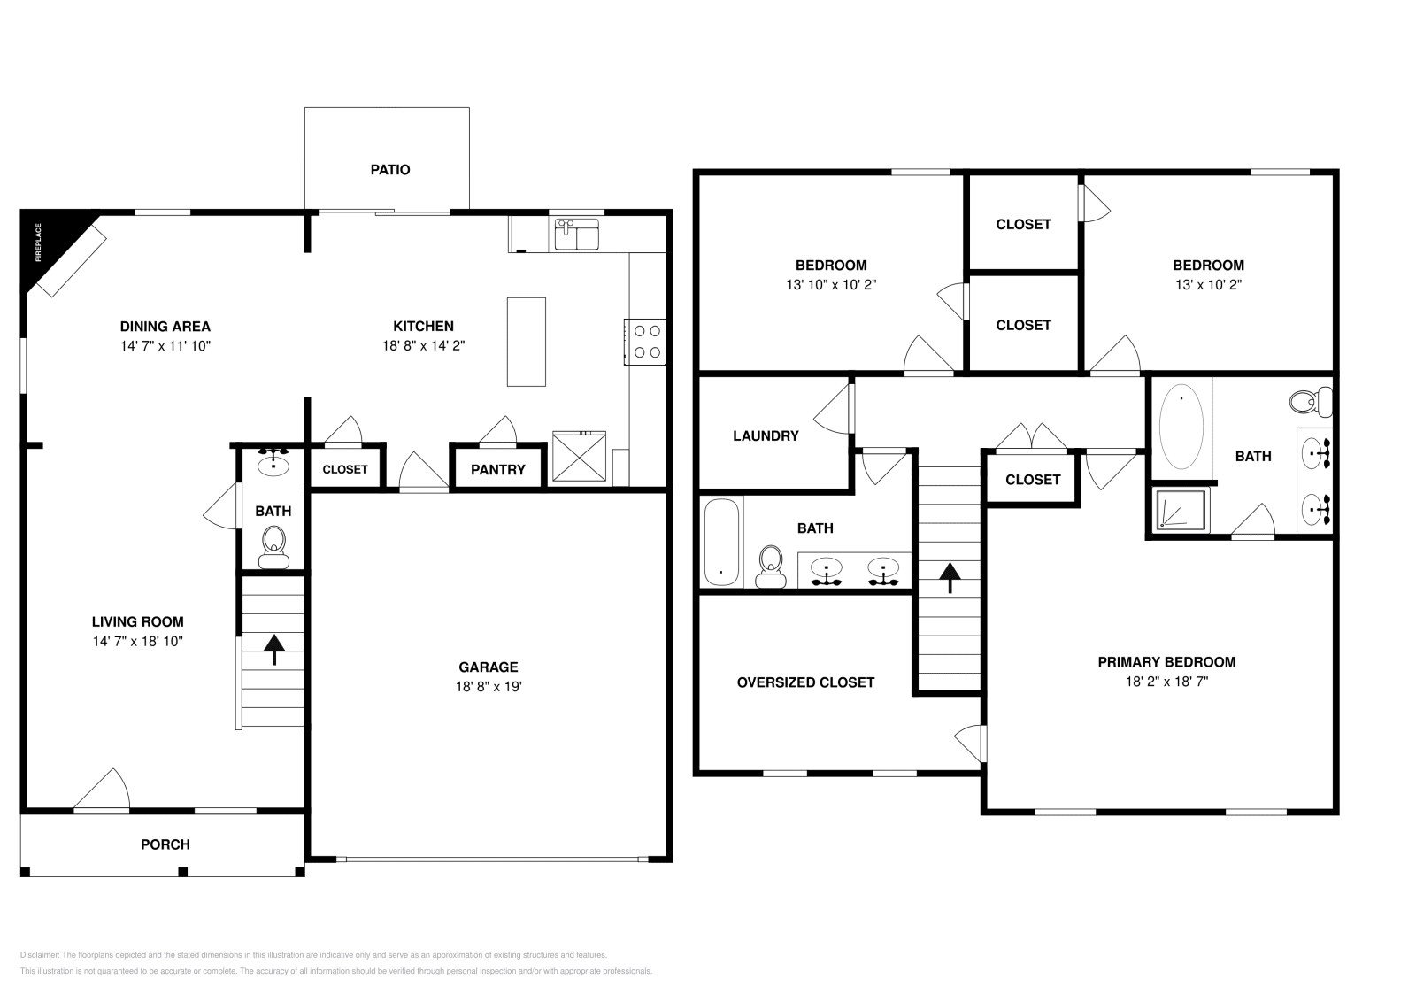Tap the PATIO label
click(390, 170)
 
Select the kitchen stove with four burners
click(646, 342)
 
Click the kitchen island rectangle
click(526, 342)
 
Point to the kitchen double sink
click(577, 235)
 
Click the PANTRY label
click(497, 470)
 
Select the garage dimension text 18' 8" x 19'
click(488, 687)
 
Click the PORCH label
click(165, 844)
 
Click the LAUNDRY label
click(766, 436)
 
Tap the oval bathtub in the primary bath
click(1181, 426)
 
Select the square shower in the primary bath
click(1181, 511)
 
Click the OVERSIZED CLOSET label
click(805, 682)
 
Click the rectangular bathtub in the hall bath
click(721, 542)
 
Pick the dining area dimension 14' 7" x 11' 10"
click(165, 346)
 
